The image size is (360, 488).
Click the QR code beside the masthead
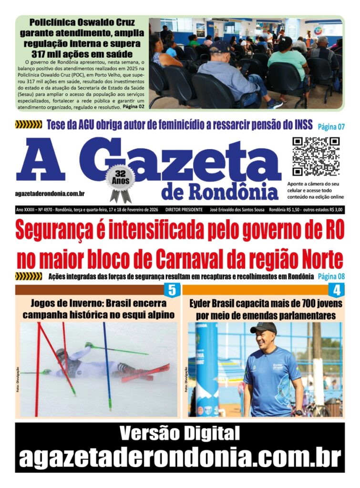click(315, 156)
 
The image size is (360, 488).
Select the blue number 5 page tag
click(171, 290)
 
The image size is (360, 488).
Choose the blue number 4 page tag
click(337, 290)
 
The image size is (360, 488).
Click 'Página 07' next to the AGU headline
click(328, 126)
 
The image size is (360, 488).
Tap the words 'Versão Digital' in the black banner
click(179, 434)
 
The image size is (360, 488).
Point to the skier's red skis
click(145, 373)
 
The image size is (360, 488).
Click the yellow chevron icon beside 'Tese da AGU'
click(29, 125)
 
